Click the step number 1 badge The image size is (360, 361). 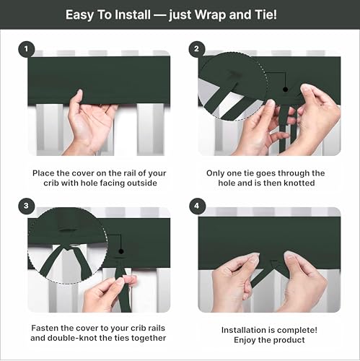pos(26,49)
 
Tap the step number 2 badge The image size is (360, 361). pos(197,49)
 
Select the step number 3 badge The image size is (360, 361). pos(26,206)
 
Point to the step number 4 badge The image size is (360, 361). pos(197,206)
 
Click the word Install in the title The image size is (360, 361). pos(133,15)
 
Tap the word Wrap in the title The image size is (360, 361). pos(210,15)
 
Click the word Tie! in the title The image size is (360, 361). pos(265,15)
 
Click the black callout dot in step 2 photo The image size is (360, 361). pos(286,90)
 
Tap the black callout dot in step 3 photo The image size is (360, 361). pos(121,251)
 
